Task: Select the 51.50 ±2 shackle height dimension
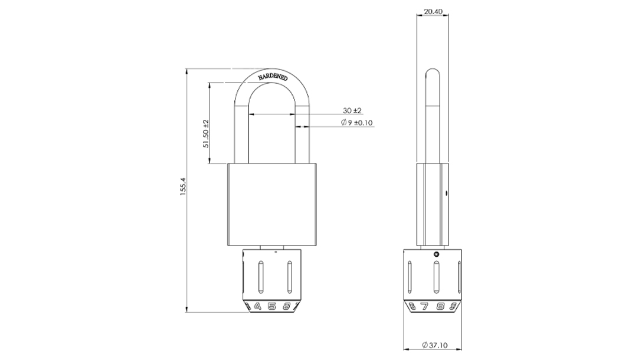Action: [206, 133]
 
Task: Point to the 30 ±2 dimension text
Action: [352, 110]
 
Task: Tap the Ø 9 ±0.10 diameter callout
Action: [356, 122]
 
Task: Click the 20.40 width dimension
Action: [433, 11]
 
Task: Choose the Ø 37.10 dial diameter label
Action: [434, 345]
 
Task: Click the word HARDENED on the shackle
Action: [273, 77]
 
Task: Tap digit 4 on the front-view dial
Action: [258, 306]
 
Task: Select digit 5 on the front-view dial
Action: [272, 306]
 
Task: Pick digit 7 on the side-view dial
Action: [425, 306]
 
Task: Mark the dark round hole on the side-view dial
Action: [437, 254]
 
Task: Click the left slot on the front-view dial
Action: [260, 278]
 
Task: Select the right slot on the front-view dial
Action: [290, 278]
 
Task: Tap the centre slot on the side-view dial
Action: [437, 278]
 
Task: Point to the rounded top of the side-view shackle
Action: [433, 70]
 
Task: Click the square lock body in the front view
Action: [272, 205]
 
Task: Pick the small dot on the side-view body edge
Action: [446, 193]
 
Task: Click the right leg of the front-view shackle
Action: [302, 131]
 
